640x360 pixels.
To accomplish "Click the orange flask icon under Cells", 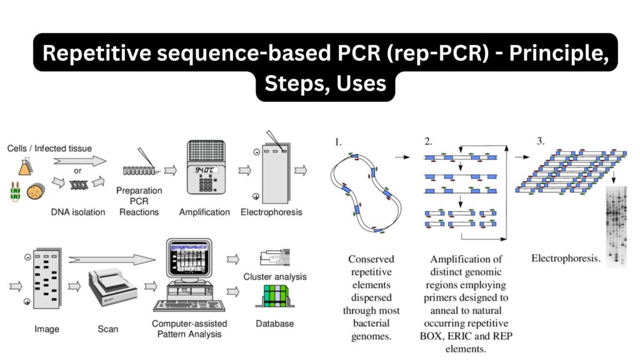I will (x=24, y=166).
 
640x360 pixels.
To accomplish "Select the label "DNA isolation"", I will (x=78, y=212).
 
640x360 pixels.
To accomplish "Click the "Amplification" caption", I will (x=204, y=212).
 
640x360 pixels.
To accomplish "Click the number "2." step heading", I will (x=429, y=141).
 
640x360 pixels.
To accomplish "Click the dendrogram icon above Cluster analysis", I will (x=273, y=258).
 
